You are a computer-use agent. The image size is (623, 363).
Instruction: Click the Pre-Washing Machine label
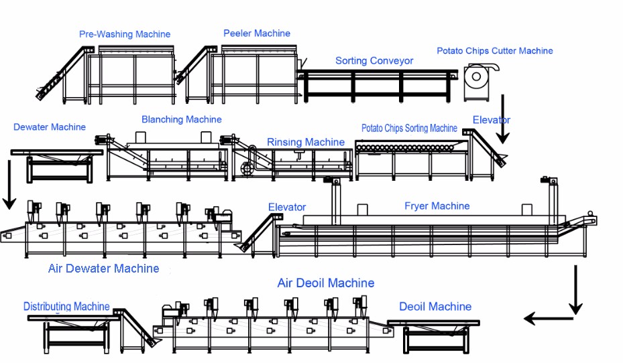(x=125, y=34)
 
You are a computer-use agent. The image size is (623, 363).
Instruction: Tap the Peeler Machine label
(x=257, y=33)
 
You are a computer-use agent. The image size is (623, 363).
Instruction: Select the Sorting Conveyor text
(x=374, y=61)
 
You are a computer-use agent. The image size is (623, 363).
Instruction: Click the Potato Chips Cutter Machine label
(x=495, y=51)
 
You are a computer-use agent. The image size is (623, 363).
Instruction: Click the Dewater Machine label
(x=50, y=127)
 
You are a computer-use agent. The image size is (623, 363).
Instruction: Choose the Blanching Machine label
(x=181, y=120)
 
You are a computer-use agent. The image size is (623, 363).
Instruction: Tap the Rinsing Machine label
(x=306, y=142)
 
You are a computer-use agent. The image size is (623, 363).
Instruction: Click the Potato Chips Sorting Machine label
(x=409, y=128)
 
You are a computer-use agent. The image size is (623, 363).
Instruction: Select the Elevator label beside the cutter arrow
(x=491, y=121)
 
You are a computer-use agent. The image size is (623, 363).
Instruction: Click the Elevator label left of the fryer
(x=287, y=208)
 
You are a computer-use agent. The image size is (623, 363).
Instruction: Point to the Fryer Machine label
(x=437, y=206)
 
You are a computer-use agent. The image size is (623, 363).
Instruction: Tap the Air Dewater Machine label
(x=104, y=269)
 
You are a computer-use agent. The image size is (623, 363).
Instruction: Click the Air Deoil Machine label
(x=326, y=283)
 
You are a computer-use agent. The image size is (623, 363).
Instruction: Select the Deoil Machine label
(x=435, y=307)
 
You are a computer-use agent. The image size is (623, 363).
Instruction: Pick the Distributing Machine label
(x=66, y=307)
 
